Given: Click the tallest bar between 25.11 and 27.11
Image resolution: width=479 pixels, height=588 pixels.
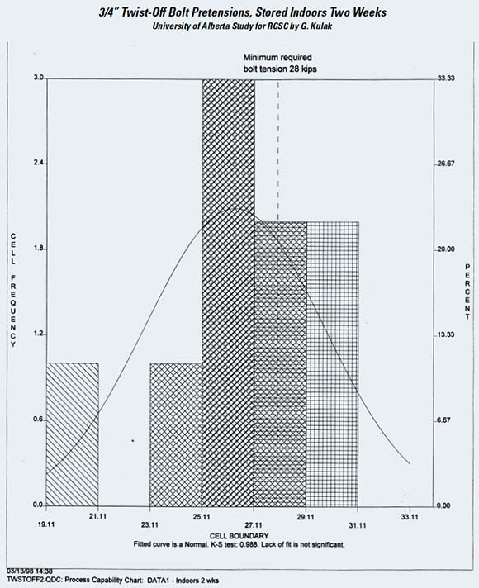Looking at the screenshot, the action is (x=228, y=292).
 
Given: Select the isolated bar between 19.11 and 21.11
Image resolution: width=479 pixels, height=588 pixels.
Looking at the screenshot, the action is (x=73, y=434).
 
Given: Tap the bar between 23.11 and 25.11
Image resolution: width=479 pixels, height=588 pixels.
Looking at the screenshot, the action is (x=176, y=434).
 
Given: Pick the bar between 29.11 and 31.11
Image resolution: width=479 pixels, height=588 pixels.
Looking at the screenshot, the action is (x=333, y=363).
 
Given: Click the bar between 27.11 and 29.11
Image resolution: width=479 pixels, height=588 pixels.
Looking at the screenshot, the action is (x=281, y=363).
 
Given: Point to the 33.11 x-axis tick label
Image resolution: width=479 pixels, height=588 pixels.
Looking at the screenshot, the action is (x=410, y=517).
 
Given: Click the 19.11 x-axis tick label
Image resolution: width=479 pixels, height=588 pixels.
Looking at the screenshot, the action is (x=46, y=524).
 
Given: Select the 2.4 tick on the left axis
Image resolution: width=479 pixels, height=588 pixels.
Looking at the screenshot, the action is (x=38, y=163).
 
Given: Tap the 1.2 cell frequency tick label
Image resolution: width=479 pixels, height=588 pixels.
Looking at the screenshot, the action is (x=38, y=334).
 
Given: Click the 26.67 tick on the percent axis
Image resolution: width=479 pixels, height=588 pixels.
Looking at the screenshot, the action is (x=446, y=164).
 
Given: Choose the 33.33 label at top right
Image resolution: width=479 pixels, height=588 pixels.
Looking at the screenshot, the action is (x=446, y=78).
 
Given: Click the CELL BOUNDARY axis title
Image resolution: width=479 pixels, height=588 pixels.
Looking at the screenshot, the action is (x=239, y=536).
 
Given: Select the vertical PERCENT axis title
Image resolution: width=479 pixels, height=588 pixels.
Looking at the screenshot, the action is (x=467, y=292).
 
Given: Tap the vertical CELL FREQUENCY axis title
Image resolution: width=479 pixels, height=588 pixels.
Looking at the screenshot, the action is (x=13, y=290).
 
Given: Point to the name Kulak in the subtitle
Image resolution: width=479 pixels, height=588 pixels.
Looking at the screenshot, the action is (x=322, y=26).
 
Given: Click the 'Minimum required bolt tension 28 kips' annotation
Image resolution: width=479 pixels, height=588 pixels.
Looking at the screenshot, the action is (x=280, y=63).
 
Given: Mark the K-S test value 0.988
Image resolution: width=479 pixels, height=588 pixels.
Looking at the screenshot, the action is (x=249, y=544).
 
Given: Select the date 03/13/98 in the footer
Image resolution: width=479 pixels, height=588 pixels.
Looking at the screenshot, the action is (x=20, y=571).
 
